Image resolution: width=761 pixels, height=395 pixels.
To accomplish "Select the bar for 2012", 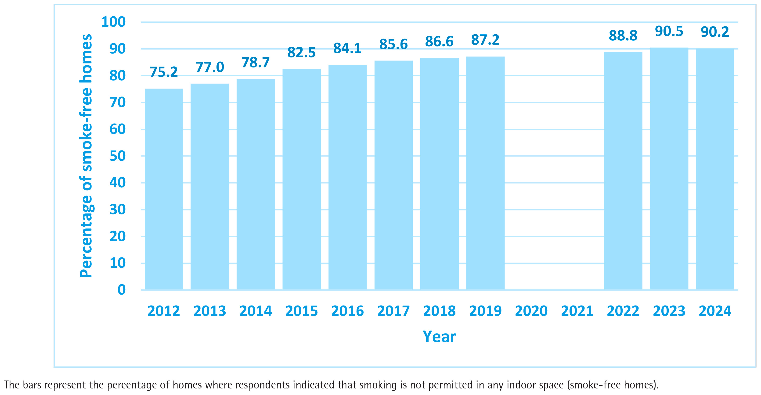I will pos(164,189).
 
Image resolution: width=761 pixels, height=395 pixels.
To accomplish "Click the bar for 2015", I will pos(302,179).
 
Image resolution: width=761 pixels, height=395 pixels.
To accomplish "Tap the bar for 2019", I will pos(485,173).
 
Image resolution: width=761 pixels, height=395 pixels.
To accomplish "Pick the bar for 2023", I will pos(669,169).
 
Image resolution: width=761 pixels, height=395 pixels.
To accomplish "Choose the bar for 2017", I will pos(393,175).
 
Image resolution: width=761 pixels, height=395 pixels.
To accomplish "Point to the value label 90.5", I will pos(669,31).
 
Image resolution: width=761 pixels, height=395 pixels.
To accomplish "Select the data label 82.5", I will pos(302,53).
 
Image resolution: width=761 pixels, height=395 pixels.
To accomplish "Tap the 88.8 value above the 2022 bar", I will pos(623,36).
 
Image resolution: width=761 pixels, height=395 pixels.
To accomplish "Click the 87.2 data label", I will pos(485,40).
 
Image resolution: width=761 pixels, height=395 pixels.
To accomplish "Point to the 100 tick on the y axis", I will pos(113,22).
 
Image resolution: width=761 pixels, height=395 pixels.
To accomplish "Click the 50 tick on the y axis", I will pos(118,156).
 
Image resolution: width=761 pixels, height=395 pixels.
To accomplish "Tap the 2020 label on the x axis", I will pos(531,311).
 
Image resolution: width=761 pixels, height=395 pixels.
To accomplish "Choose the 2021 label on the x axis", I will pos(577,311).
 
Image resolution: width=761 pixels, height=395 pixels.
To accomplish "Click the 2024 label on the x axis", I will pos(715,311).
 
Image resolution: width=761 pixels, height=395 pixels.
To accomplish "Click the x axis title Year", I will pos(439,337).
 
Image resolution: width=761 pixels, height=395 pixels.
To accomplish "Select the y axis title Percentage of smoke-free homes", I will pos(86,156).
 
